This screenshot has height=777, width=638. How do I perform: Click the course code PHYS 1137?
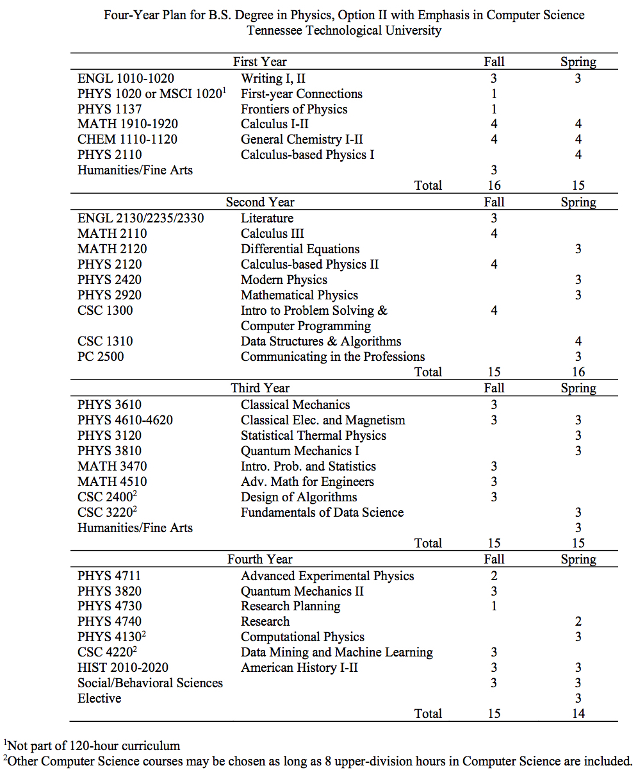tap(110, 109)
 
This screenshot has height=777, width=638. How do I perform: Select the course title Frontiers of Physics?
tap(294, 109)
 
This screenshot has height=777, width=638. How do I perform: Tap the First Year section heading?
tap(259, 62)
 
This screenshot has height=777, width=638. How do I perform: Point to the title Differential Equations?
tap(300, 249)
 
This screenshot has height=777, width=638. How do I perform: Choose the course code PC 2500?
tap(101, 356)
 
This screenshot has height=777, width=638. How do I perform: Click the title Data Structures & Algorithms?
tap(321, 341)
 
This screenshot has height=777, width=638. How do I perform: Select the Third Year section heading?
tap(259, 388)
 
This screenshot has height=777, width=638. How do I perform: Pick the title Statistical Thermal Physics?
tap(313, 435)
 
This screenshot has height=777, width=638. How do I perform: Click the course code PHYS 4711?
tap(110, 576)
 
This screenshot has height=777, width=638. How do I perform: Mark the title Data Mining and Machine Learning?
tap(336, 652)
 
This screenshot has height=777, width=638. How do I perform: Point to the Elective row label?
tap(99, 698)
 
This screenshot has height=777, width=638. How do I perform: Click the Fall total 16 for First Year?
tap(494, 185)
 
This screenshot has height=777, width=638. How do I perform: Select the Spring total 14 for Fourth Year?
tap(578, 714)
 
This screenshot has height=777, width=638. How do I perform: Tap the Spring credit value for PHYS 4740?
tap(578, 621)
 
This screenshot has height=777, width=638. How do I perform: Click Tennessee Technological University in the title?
tap(344, 30)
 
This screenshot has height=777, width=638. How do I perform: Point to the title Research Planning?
tap(290, 606)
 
